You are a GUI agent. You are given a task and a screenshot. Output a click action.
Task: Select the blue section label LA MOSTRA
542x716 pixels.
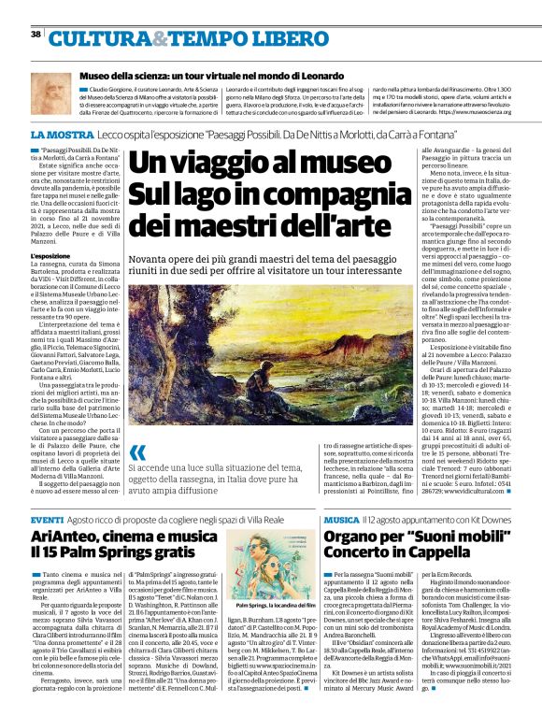click(58, 136)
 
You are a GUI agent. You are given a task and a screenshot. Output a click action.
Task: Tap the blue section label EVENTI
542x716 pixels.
click(47, 519)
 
